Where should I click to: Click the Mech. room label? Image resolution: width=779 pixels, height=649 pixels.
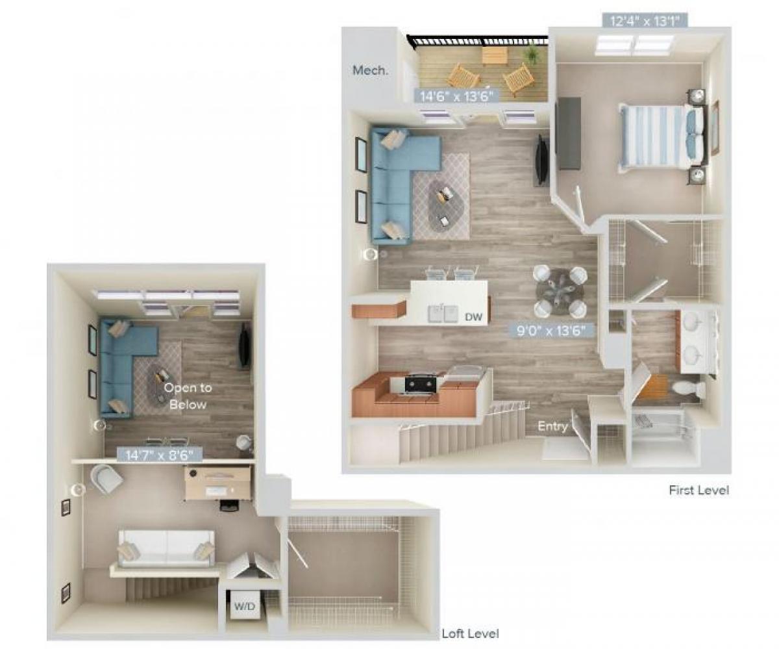tap(371, 70)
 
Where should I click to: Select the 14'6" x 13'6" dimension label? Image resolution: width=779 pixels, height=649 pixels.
tap(456, 95)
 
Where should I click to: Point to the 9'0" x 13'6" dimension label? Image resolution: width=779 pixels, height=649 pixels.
tap(551, 330)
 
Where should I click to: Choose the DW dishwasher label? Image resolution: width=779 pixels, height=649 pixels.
tap(473, 316)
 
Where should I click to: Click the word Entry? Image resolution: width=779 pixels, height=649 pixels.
tap(552, 427)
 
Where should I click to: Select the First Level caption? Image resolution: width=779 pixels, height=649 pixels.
tap(699, 490)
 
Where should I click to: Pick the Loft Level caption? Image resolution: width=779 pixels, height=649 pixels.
tap(470, 633)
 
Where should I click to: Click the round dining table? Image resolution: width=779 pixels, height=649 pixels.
tap(560, 291)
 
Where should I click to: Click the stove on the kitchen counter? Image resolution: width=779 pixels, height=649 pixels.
tap(421, 383)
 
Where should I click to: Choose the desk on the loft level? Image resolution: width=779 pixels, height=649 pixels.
tap(217, 483)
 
